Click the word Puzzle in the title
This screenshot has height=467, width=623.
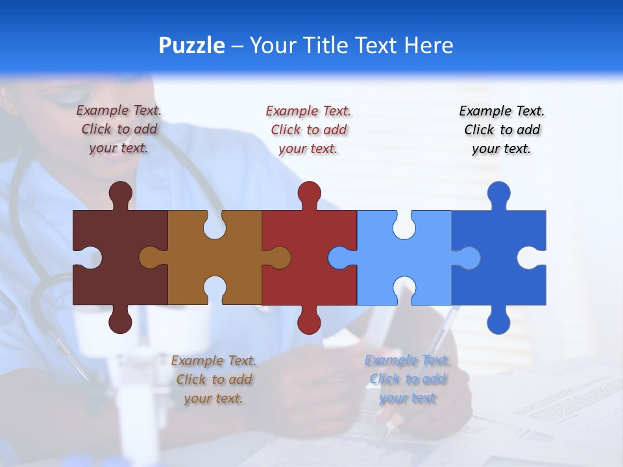[192, 46]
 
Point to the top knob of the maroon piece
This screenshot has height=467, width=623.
[120, 193]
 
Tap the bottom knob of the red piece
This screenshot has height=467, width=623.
[309, 322]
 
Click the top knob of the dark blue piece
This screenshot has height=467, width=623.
[498, 193]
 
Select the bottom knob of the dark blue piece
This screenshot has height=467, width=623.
[498, 322]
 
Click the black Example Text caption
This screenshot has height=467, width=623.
[502, 130]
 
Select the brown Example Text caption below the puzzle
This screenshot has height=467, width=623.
[214, 379]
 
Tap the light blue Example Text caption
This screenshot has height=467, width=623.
[407, 379]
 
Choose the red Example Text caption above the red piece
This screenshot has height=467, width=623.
[308, 130]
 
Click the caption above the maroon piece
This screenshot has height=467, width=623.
[119, 130]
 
